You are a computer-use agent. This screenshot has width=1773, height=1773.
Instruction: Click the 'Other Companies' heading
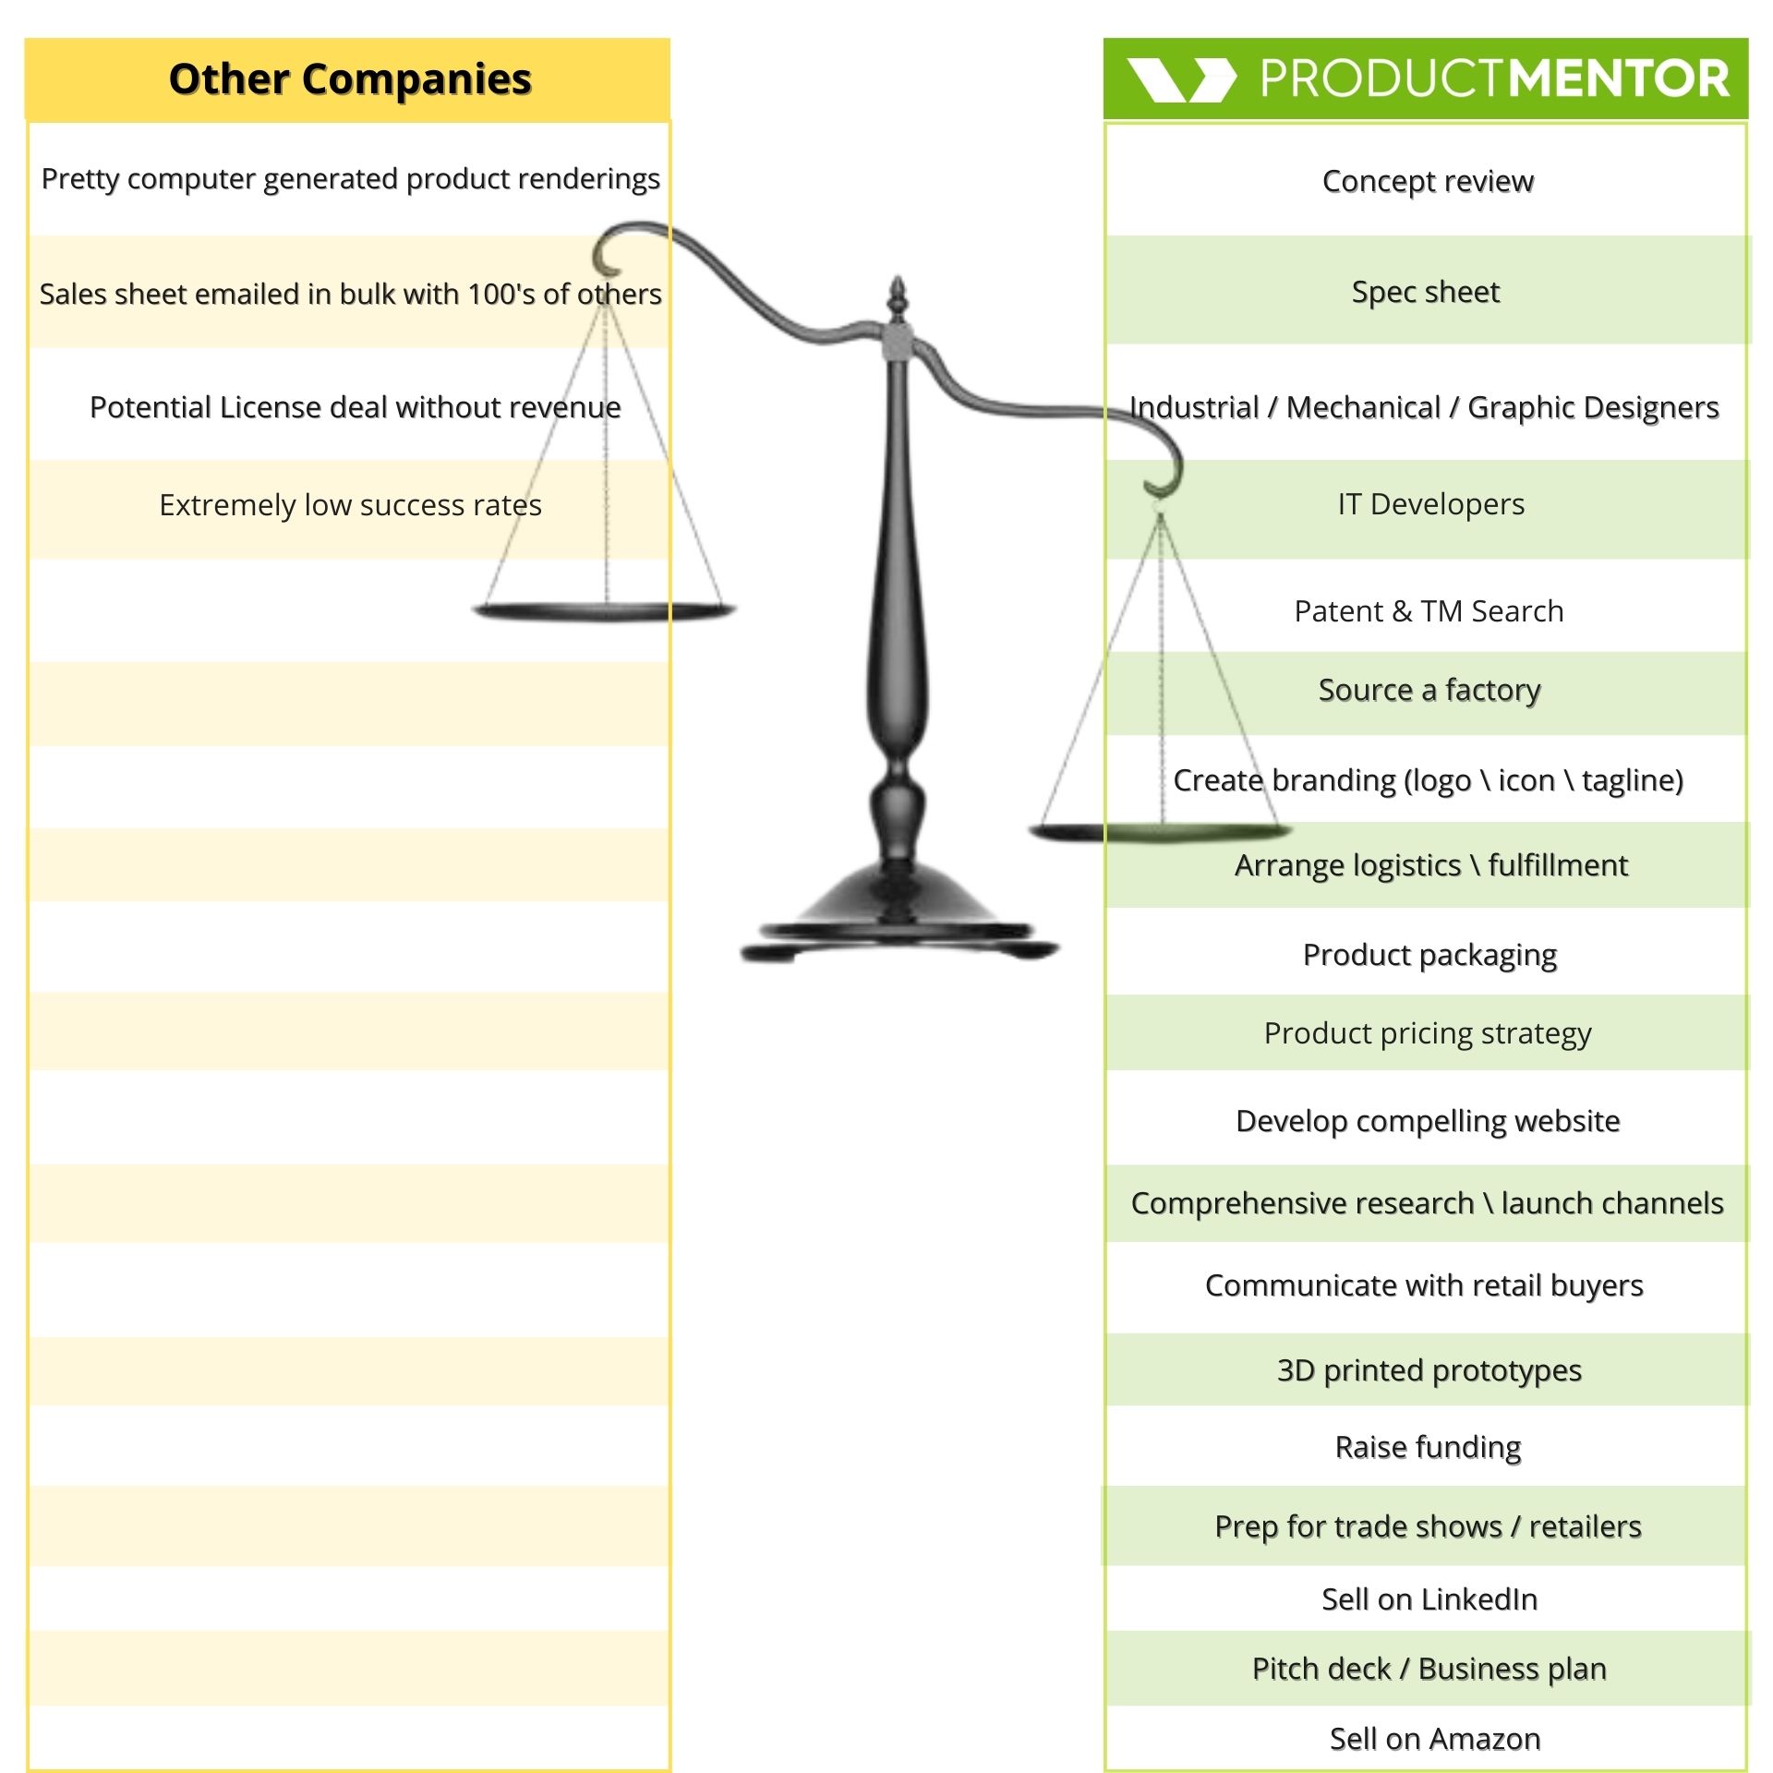click(x=349, y=79)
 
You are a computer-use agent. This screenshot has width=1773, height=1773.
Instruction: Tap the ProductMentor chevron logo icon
click(x=1181, y=79)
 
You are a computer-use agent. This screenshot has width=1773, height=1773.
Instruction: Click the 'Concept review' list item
click(x=1428, y=181)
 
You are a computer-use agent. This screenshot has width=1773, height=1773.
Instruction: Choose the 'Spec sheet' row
click(x=1426, y=292)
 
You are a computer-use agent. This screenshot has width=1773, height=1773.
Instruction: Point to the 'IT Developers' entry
click(x=1430, y=504)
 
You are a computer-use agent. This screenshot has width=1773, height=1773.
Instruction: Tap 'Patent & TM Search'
click(x=1429, y=611)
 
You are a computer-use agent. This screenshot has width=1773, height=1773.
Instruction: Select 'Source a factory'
click(x=1429, y=690)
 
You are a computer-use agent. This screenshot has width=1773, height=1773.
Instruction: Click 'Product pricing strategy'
click(x=1428, y=1033)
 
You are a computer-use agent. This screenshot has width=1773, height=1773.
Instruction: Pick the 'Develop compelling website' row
click(x=1428, y=1121)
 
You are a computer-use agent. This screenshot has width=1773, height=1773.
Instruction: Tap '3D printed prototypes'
click(x=1429, y=1370)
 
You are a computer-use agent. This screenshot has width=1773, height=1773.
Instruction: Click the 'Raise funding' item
click(x=1428, y=1447)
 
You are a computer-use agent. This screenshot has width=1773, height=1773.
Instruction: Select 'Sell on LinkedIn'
click(x=1429, y=1599)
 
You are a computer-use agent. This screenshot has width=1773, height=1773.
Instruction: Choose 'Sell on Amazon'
click(x=1434, y=1739)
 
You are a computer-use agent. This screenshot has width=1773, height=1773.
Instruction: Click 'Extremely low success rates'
click(x=350, y=505)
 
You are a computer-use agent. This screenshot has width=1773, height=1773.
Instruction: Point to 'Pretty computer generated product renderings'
click(x=350, y=178)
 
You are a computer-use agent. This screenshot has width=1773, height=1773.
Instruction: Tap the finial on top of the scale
click(x=896, y=297)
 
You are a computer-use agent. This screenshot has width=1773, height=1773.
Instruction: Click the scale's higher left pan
click(x=605, y=610)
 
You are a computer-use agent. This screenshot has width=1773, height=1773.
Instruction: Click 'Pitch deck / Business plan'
click(x=1429, y=1669)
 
